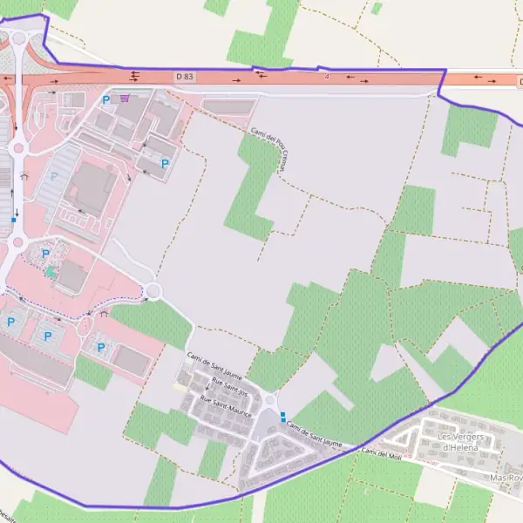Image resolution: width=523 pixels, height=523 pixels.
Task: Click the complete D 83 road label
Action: [x=184, y=77]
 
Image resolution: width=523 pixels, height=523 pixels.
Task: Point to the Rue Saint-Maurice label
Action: [x=227, y=405]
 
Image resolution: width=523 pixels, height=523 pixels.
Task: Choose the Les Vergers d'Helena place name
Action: [x=458, y=441]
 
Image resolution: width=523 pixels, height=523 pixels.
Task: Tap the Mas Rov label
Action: [x=506, y=478]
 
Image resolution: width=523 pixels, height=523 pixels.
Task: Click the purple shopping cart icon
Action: [x=125, y=98]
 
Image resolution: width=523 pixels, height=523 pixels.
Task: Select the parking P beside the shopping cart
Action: [x=106, y=100]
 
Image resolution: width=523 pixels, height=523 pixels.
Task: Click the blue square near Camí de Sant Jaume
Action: [x=282, y=416]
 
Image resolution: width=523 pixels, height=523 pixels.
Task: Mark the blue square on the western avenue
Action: [x=14, y=219]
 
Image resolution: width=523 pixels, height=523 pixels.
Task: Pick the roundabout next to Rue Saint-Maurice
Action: [x=270, y=401]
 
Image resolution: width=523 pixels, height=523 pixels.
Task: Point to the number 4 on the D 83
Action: [x=326, y=77]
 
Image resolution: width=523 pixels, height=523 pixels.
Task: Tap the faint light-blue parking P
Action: [x=53, y=176]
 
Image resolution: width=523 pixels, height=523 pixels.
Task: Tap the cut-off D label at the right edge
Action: [x=520, y=81]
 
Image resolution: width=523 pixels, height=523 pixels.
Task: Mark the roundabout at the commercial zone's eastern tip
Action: [x=154, y=291]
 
